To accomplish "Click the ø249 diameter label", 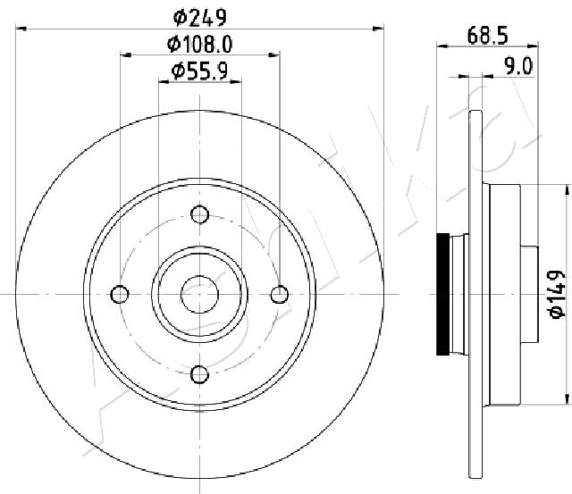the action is [x=200, y=18].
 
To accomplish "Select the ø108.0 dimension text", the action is [x=199, y=45].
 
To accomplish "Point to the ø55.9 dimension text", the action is [x=199, y=71].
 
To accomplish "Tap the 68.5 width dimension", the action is [x=487, y=36].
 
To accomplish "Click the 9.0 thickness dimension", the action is [x=518, y=66].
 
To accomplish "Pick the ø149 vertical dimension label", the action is [x=557, y=295].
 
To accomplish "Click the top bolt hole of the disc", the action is [x=200, y=214].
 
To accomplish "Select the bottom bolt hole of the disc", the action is [x=200, y=374].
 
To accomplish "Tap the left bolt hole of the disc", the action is [x=120, y=294].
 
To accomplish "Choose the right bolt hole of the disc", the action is [x=280, y=294].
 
